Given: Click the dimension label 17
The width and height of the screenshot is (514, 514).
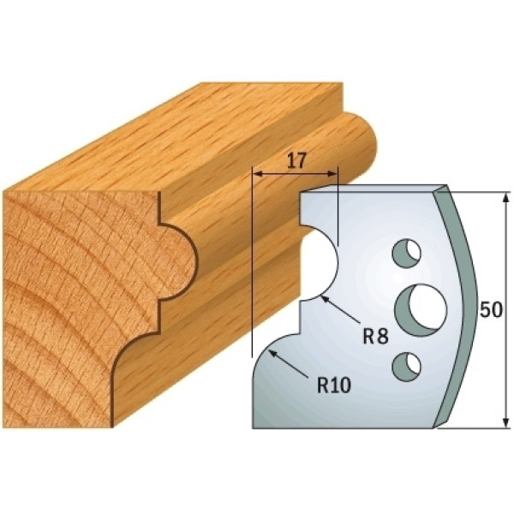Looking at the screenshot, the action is (x=296, y=161).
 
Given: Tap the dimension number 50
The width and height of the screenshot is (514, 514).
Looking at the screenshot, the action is (x=491, y=309).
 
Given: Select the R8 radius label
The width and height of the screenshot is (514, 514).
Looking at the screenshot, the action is (x=375, y=336).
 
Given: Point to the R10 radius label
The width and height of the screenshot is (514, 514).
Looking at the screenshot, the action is (x=334, y=385).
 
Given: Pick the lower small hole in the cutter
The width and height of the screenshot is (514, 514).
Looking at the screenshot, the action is (x=406, y=367).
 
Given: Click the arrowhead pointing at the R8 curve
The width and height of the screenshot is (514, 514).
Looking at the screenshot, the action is (x=326, y=298).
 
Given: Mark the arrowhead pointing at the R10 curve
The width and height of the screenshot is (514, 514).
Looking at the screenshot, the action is (x=272, y=353).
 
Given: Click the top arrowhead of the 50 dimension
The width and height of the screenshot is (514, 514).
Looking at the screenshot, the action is (x=505, y=198).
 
